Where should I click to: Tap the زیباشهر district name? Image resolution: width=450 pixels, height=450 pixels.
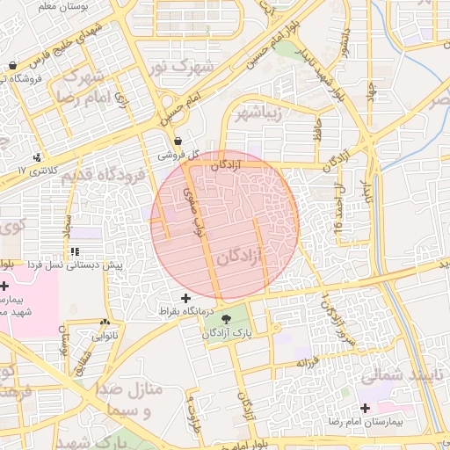258,112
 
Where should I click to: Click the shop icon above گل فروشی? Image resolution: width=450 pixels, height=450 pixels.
178,141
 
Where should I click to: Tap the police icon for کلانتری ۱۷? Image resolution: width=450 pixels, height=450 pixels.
36,157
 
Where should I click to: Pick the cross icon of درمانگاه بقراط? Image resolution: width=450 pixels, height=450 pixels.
185,299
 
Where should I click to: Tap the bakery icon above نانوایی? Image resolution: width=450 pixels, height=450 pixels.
105,323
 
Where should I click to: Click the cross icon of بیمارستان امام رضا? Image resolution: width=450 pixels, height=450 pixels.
365,409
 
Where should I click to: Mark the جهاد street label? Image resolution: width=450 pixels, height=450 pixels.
373,88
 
